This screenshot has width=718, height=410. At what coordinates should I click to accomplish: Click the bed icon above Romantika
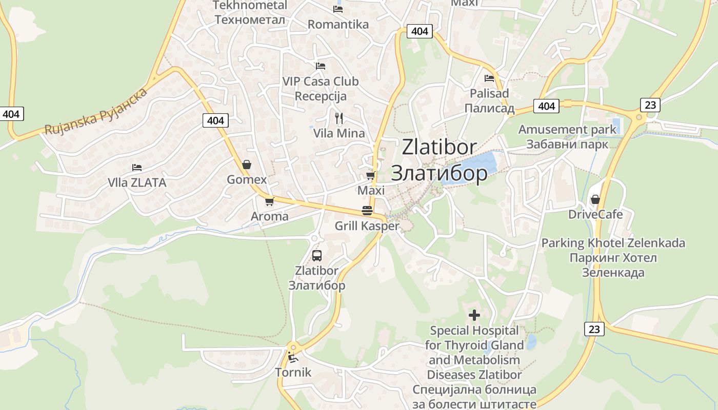click(337, 9)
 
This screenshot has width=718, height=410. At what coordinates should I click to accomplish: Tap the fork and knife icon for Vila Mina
click(338, 118)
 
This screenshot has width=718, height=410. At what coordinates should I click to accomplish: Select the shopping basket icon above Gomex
click(247, 165)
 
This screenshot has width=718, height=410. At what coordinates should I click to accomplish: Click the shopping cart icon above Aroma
click(270, 201)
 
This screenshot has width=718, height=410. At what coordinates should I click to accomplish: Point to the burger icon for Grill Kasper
click(367, 210)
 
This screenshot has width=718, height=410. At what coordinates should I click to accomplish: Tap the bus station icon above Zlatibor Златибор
click(317, 255)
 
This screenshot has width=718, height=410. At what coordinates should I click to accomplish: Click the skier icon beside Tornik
click(293, 357)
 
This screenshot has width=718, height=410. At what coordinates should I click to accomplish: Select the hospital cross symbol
click(474, 315)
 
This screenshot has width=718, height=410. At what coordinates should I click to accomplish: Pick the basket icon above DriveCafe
click(595, 199)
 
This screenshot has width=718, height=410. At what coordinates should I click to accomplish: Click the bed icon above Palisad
click(489, 78)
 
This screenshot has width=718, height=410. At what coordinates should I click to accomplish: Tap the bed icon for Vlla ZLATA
click(136, 167)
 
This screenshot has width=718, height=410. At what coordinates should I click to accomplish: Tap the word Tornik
click(293, 372)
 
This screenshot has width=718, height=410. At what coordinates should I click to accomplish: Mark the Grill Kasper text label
click(367, 225)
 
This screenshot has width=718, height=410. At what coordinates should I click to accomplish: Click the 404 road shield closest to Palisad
click(546, 106)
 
